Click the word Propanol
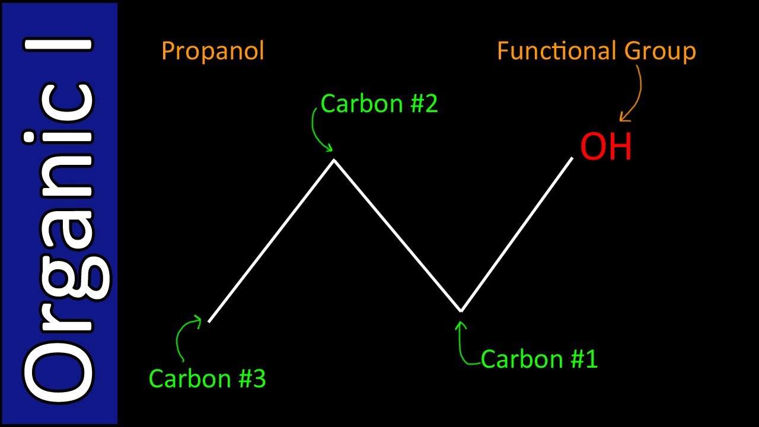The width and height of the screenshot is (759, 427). coord(212,52)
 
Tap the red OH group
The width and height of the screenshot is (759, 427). coord(606,146)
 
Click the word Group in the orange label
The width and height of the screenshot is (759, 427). coord(660,52)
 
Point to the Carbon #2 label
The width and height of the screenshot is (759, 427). coord(379,104)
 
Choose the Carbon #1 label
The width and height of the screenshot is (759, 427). coord(539,359)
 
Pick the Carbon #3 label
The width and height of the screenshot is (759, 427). coord(207,378)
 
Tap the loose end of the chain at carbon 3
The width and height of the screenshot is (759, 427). coord(209,321)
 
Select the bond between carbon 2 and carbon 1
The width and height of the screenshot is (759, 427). coord(397,235)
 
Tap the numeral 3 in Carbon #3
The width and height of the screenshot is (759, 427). coord(259,378)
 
